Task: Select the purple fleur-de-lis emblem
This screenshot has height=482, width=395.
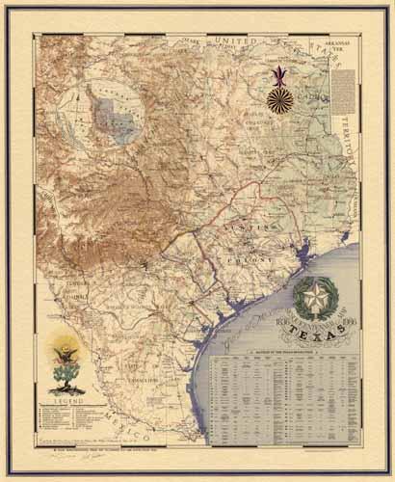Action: point(281,74)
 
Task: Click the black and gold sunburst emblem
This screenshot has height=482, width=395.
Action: point(282,101)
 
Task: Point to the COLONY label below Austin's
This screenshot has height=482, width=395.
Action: point(248,257)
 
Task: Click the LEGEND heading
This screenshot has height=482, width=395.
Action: point(66,397)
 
